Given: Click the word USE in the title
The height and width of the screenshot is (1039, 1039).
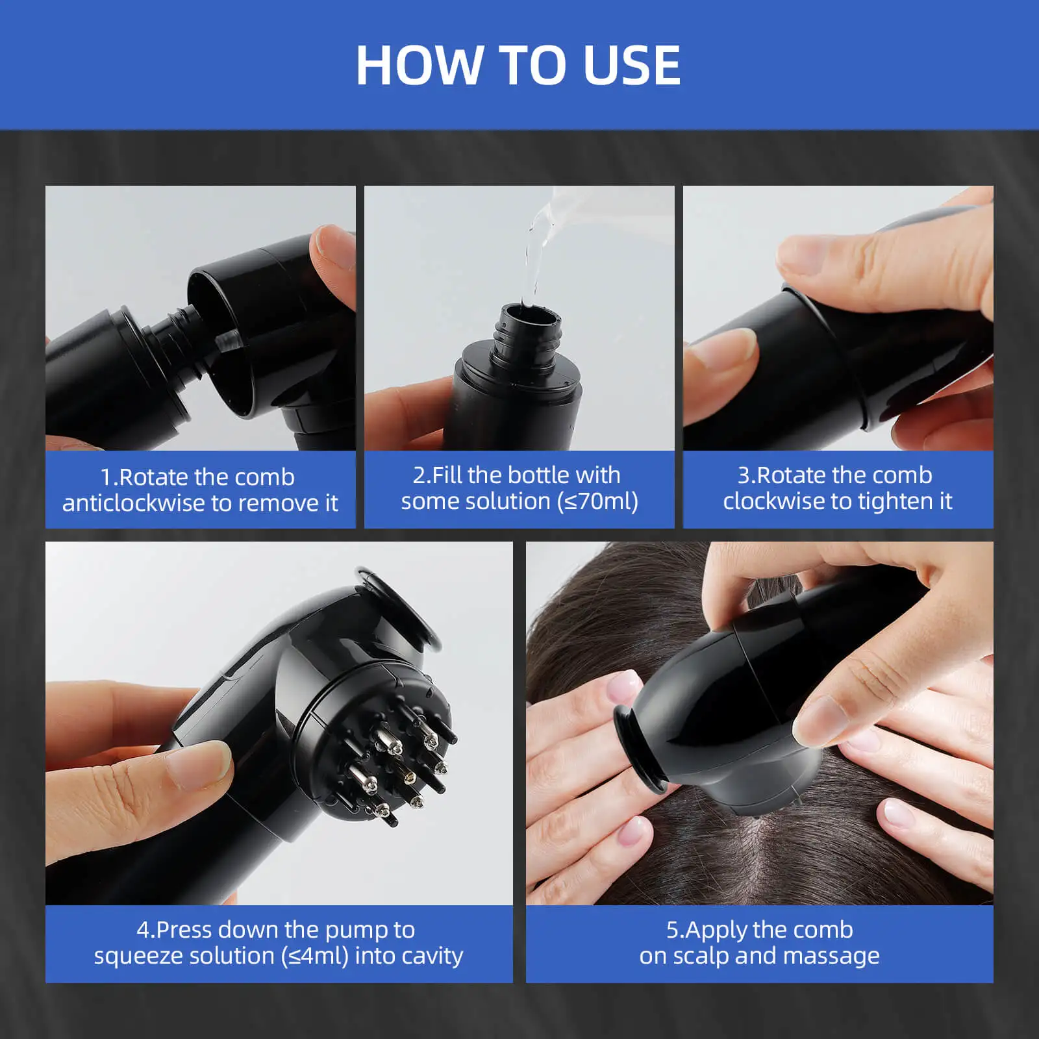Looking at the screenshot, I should click(631, 66).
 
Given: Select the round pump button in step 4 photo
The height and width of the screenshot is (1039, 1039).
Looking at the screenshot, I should click(399, 607).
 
